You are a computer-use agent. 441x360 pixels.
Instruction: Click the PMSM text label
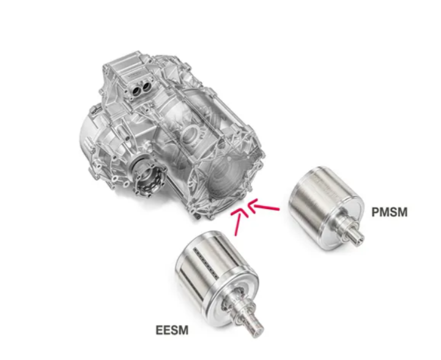coord(390,212)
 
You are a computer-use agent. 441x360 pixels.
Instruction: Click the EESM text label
coord(172,330)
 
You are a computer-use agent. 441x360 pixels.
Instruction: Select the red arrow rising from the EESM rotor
coord(239,222)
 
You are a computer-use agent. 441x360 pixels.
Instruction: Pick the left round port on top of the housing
coord(136,90)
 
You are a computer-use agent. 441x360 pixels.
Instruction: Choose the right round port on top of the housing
coord(147,87)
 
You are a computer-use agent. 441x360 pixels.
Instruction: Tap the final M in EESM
coord(183,330)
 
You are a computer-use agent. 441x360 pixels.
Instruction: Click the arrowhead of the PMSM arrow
coord(252,205)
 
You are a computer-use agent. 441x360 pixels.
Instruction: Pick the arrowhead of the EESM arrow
coord(239,213)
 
